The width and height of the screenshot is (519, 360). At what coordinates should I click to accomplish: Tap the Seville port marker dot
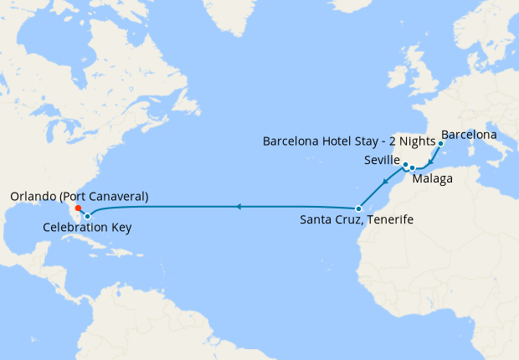coord(404,164)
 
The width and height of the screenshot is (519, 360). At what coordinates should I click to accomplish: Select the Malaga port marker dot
coord(412,168)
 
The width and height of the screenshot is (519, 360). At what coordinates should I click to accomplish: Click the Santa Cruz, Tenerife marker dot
coord(358,208)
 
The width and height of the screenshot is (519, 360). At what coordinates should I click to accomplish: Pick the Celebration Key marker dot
coord(87,216)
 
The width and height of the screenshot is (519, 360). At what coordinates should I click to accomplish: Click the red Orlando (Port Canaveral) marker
coord(77,208)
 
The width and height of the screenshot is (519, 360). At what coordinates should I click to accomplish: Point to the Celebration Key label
coord(87,227)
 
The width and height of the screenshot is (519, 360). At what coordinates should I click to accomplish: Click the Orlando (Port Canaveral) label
coord(80,196)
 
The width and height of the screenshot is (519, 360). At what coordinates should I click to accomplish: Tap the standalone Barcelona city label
coord(469,134)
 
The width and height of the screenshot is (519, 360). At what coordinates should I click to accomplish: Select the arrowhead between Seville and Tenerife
coord(383,183)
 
